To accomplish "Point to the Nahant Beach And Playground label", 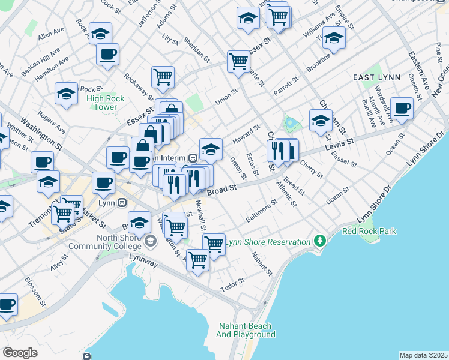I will coord(246,330).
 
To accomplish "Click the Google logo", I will coord(20,352).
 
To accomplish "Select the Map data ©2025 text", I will coord(423,355).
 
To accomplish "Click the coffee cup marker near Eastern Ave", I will coord(402,109).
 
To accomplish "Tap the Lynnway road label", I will coord(142,256).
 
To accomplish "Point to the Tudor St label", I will coord(232,282).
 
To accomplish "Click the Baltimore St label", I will coord(261,211).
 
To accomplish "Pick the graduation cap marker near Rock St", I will coord(66,93).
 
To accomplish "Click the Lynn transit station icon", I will coord(122,202).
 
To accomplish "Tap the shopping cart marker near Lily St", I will coord(163,77).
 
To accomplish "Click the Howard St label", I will coord(246,134).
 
